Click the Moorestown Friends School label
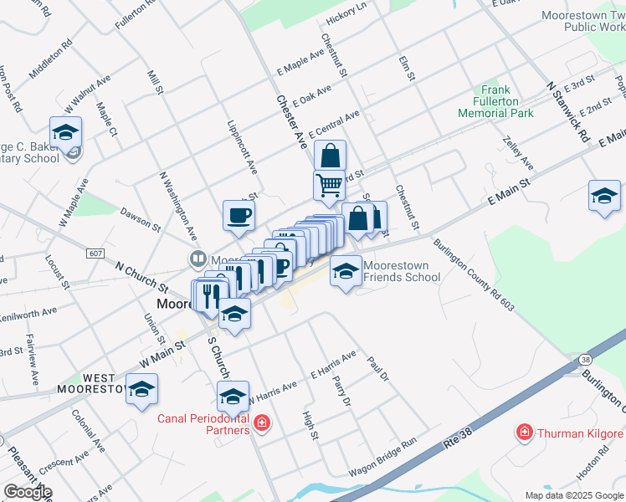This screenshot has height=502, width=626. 401,271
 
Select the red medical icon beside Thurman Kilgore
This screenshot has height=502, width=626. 525,433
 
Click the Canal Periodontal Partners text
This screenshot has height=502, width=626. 204,424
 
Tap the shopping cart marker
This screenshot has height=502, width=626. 329,185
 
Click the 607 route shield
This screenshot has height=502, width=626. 95,253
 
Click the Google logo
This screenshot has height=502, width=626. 27,492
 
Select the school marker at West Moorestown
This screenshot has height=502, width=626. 142,389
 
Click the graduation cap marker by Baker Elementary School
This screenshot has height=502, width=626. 65,131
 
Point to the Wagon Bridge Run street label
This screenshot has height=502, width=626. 382,458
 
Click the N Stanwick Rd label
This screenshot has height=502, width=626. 568,110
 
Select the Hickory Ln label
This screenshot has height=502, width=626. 346,8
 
